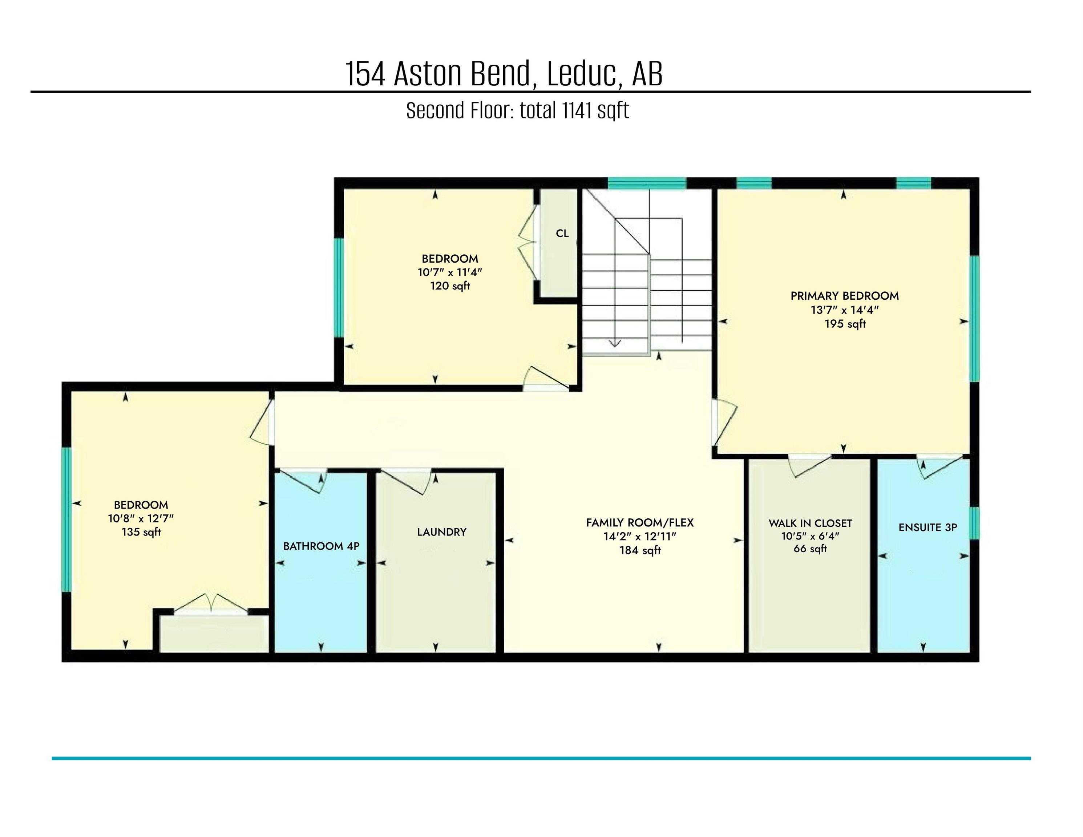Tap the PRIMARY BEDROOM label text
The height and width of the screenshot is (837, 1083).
(844, 296)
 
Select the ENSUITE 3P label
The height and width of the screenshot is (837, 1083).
(927, 527)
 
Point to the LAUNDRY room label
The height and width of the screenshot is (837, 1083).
(441, 532)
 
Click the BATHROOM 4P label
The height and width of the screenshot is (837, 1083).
(321, 546)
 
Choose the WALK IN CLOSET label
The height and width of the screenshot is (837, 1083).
(810, 523)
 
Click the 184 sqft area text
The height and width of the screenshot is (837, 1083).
(640, 550)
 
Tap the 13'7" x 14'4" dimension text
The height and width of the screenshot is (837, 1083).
(844, 310)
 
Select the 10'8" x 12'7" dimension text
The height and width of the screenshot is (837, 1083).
(141, 519)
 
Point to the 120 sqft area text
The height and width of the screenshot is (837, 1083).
(450, 286)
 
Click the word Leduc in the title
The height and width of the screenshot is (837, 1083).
(582, 74)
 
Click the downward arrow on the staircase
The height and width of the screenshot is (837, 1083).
(615, 342)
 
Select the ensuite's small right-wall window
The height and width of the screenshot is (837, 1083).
(974, 523)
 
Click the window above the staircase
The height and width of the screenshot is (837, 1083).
(647, 183)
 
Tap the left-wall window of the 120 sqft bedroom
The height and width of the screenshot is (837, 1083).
(339, 288)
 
